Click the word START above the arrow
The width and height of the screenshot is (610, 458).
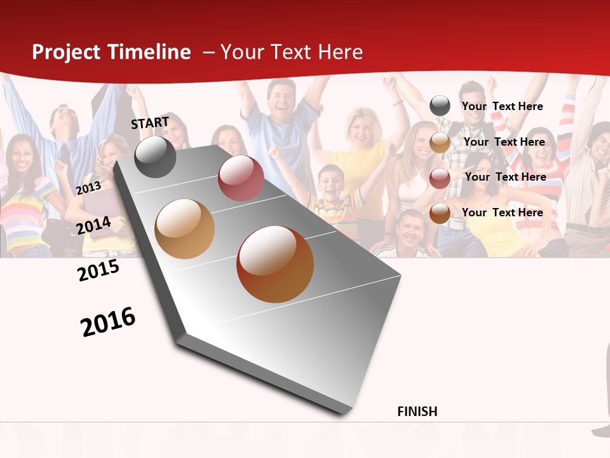pyautogui.click(x=150, y=123)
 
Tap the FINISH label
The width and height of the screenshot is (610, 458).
pyautogui.click(x=417, y=412)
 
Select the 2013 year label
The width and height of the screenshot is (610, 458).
pyautogui.click(x=88, y=188)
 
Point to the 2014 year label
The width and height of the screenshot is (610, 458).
pyautogui.click(x=94, y=225)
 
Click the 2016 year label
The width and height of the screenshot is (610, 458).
pyautogui.click(x=108, y=322)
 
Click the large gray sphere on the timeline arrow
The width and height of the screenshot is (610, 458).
pyautogui.click(x=155, y=156)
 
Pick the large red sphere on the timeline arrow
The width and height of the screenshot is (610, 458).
pyautogui.click(x=241, y=179)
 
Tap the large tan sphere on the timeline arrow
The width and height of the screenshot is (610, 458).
pyautogui.click(x=185, y=229)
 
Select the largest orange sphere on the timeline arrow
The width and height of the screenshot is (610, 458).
pyautogui.click(x=275, y=264)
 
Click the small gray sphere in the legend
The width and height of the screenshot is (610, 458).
pyautogui.click(x=440, y=106)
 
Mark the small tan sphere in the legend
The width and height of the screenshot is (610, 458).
pyautogui.click(x=440, y=142)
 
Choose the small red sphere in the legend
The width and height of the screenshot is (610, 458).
pyautogui.click(x=440, y=178)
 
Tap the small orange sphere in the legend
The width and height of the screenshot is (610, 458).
pyautogui.click(x=440, y=213)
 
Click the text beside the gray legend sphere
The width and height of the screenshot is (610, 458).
pyautogui.click(x=502, y=106)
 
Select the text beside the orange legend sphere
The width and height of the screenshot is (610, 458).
pyautogui.click(x=502, y=212)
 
